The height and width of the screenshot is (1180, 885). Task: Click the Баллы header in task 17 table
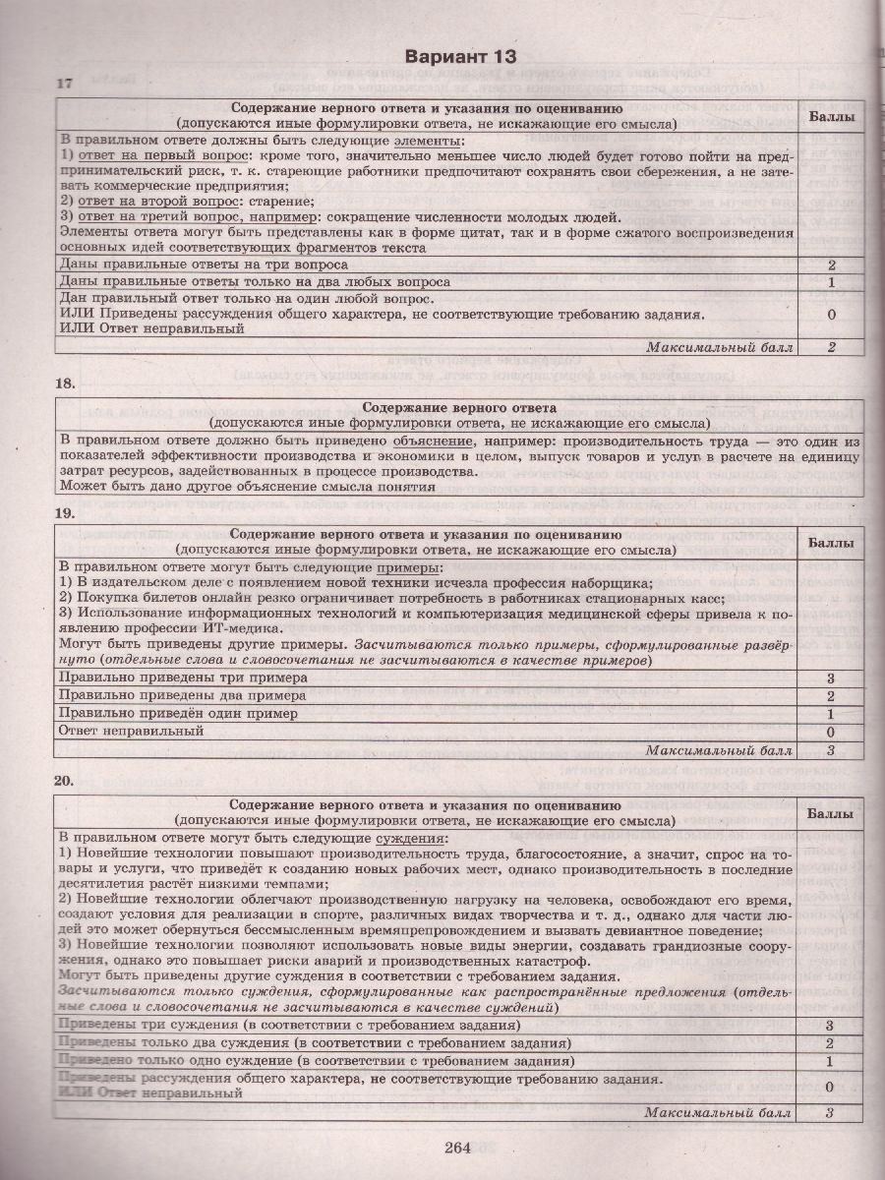click(831, 116)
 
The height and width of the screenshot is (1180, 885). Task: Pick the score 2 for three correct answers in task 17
click(831, 265)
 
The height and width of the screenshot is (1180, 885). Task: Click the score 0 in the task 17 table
click(831, 315)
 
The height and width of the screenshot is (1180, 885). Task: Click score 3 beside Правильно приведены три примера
click(831, 678)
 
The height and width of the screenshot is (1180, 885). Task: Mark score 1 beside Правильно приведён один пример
click(831, 714)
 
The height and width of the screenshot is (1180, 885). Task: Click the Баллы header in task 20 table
click(831, 814)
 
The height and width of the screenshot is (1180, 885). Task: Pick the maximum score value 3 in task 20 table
click(831, 1112)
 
